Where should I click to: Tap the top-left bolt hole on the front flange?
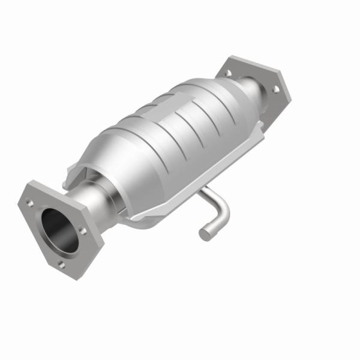tap(30, 203)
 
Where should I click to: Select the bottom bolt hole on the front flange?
tap(61, 263)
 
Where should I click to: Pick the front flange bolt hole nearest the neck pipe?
tap(83, 230)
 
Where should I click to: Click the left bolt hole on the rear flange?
tap(228, 73)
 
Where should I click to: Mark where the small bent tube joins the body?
tap(202, 191)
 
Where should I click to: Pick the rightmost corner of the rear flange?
tap(291, 96)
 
